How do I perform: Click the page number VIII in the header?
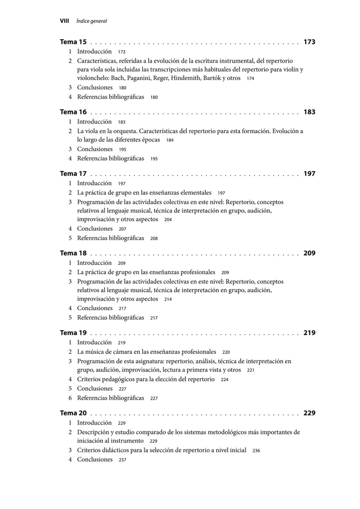click(x=64, y=21)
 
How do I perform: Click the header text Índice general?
click(x=91, y=21)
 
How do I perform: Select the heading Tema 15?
click(x=73, y=42)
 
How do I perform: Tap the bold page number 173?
click(x=309, y=42)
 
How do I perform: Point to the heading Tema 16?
click(x=73, y=112)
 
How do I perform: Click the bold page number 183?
click(x=309, y=112)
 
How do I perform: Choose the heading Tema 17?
click(x=73, y=174)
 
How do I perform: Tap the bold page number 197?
click(x=309, y=174)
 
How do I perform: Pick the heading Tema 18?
click(x=73, y=254)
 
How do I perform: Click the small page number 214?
click(x=168, y=300)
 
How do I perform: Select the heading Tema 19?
click(x=73, y=333)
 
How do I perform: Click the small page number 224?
click(x=225, y=380)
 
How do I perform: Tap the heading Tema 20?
click(x=73, y=413)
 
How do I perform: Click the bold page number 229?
click(x=309, y=413)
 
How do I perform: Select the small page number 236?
click(x=256, y=451)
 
